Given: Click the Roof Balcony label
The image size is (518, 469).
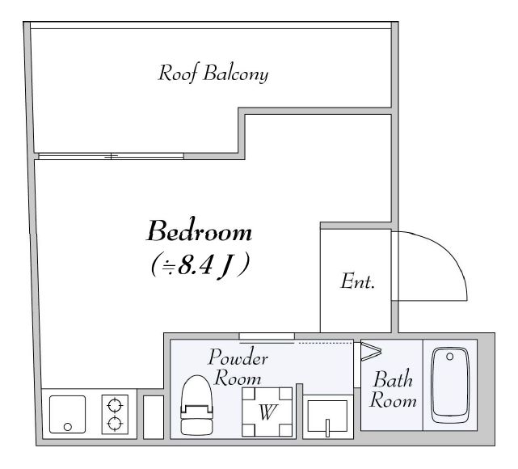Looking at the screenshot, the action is pyautogui.click(x=213, y=74).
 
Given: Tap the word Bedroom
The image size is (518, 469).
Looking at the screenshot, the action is pyautogui.click(x=200, y=230).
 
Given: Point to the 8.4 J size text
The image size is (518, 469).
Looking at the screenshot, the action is pyautogui.click(x=200, y=265).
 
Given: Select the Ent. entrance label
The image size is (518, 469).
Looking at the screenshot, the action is pyautogui.click(x=358, y=281).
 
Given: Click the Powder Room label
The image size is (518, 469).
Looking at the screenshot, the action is pyautogui.click(x=238, y=367).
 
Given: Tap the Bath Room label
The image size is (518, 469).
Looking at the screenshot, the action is pyautogui.click(x=393, y=389).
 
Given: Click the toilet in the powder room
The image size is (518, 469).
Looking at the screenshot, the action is pyautogui.click(x=196, y=405).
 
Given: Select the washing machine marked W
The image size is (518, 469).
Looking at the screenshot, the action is pyautogui.click(x=267, y=412).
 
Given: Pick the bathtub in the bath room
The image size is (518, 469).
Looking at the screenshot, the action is pyautogui.click(x=451, y=386).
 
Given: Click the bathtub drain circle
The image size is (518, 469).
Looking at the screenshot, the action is pyautogui.click(x=449, y=357).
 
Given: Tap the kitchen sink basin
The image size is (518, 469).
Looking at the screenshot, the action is pyautogui.click(x=67, y=415).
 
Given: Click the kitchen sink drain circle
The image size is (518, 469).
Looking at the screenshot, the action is pyautogui.click(x=68, y=427).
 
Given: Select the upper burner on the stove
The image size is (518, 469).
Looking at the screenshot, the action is pyautogui.click(x=115, y=405).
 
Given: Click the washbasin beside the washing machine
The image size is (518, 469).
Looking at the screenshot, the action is pyautogui.click(x=327, y=416).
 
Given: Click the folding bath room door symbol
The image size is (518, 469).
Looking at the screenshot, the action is pyautogui.click(x=371, y=352).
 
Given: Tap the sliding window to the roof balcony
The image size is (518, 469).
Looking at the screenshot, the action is pyautogui.click(x=111, y=156).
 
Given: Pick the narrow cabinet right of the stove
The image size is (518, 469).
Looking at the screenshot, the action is pyautogui.click(x=154, y=417).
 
